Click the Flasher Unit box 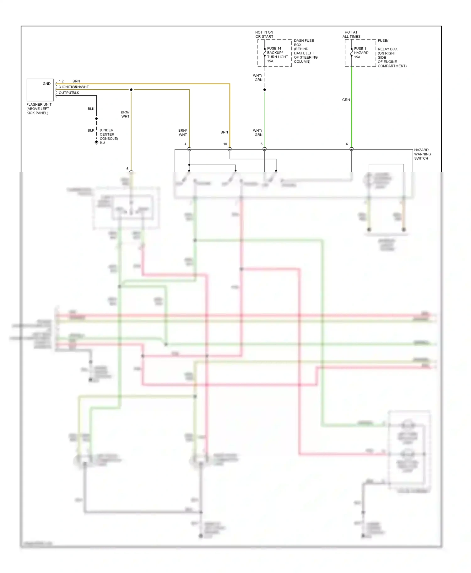tap(40, 90)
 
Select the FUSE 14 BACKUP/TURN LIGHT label tap(277, 55)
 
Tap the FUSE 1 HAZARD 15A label tap(361, 53)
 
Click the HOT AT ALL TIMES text tap(351, 34)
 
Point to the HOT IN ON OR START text tap(264, 34)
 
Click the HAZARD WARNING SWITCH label tap(422, 154)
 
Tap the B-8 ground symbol tap(97, 143)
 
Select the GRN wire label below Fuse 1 tap(346, 100)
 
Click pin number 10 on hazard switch tap(225, 144)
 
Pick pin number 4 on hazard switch tap(185, 144)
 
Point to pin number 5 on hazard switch tap(262, 144)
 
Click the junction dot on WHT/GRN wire tap(265, 90)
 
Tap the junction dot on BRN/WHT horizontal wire tap(131, 90)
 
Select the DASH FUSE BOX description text tap(305, 51)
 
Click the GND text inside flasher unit tap(46, 84)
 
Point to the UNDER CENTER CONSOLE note tap(109, 134)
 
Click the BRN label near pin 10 tap(224, 132)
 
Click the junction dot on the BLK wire tap(96, 118)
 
